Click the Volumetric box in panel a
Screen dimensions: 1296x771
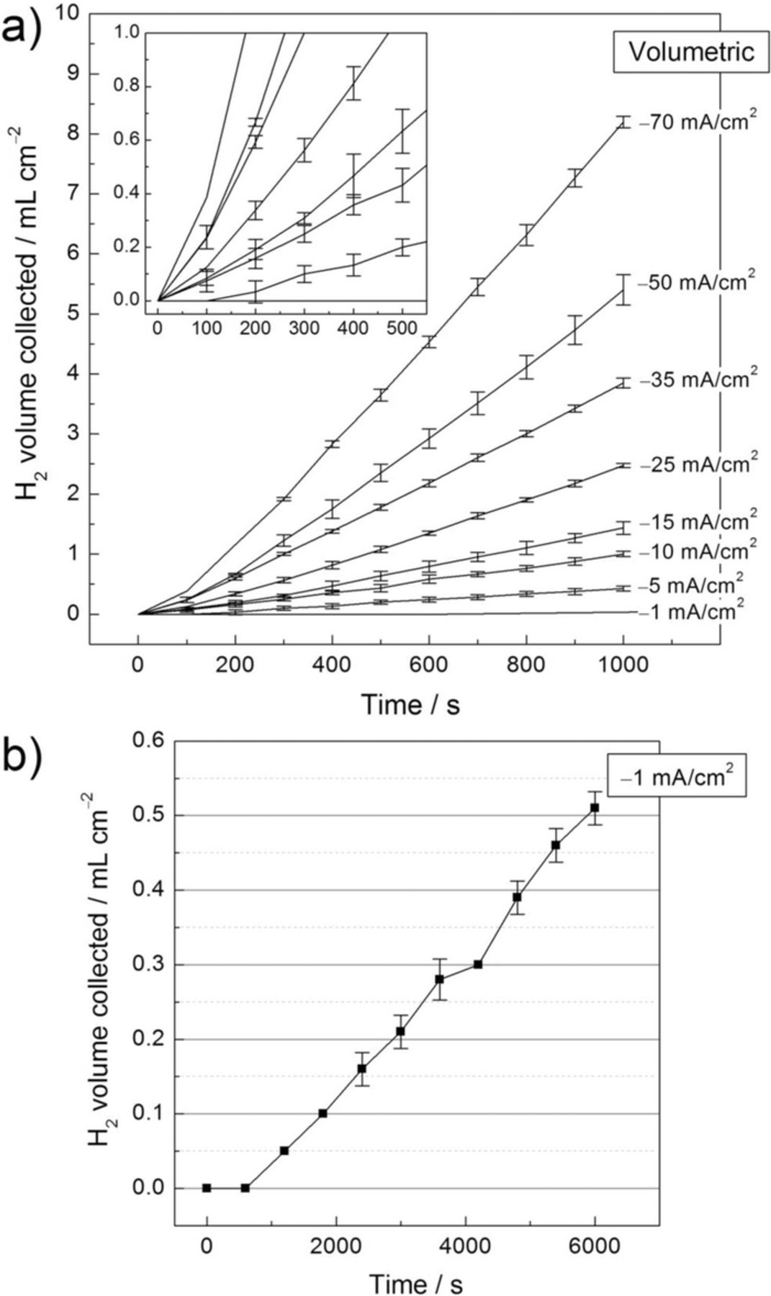pos(691,52)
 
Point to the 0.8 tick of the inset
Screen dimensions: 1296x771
pos(132,87)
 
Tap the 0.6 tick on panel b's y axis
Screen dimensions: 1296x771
pos(148,741)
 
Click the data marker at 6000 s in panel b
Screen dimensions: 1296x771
pos(595,808)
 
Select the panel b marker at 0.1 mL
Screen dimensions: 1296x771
pos(323,1113)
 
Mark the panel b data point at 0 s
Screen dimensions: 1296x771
pos(207,1188)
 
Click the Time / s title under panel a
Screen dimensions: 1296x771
pos(410,704)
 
